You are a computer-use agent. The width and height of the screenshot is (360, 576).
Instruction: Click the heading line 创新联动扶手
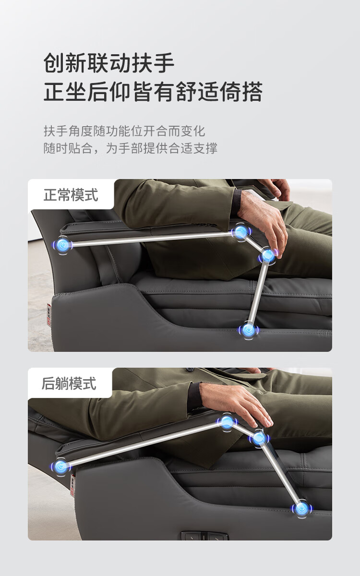point(109,63)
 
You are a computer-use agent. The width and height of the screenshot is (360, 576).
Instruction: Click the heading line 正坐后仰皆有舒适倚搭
point(153,92)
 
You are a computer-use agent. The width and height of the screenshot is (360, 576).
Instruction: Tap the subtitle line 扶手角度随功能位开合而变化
point(124,131)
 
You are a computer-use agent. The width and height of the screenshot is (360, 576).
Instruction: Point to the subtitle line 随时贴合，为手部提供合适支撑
point(131,148)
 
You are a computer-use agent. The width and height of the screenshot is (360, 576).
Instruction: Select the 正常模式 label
point(71,195)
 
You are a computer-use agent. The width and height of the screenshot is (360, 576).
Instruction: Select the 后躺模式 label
point(69,384)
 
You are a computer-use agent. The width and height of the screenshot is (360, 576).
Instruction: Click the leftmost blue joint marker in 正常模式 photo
point(62,245)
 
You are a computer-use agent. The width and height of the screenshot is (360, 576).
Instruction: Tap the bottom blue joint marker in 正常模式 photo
point(249,330)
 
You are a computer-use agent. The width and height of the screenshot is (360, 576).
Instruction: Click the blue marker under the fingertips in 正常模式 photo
point(268,255)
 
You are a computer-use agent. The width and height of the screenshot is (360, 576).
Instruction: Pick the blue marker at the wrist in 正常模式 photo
point(240,232)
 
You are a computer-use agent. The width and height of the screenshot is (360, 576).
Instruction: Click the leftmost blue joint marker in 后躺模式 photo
point(60,466)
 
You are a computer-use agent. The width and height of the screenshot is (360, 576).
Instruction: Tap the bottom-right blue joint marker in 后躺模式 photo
point(302,508)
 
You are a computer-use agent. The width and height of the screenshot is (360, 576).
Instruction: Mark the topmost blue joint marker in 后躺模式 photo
point(227,421)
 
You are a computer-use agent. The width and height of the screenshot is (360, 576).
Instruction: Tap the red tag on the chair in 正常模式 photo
point(49,314)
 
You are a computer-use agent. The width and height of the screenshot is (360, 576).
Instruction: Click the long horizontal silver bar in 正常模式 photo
point(152,239)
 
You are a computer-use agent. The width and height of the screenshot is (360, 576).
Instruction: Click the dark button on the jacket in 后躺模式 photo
point(190,370)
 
